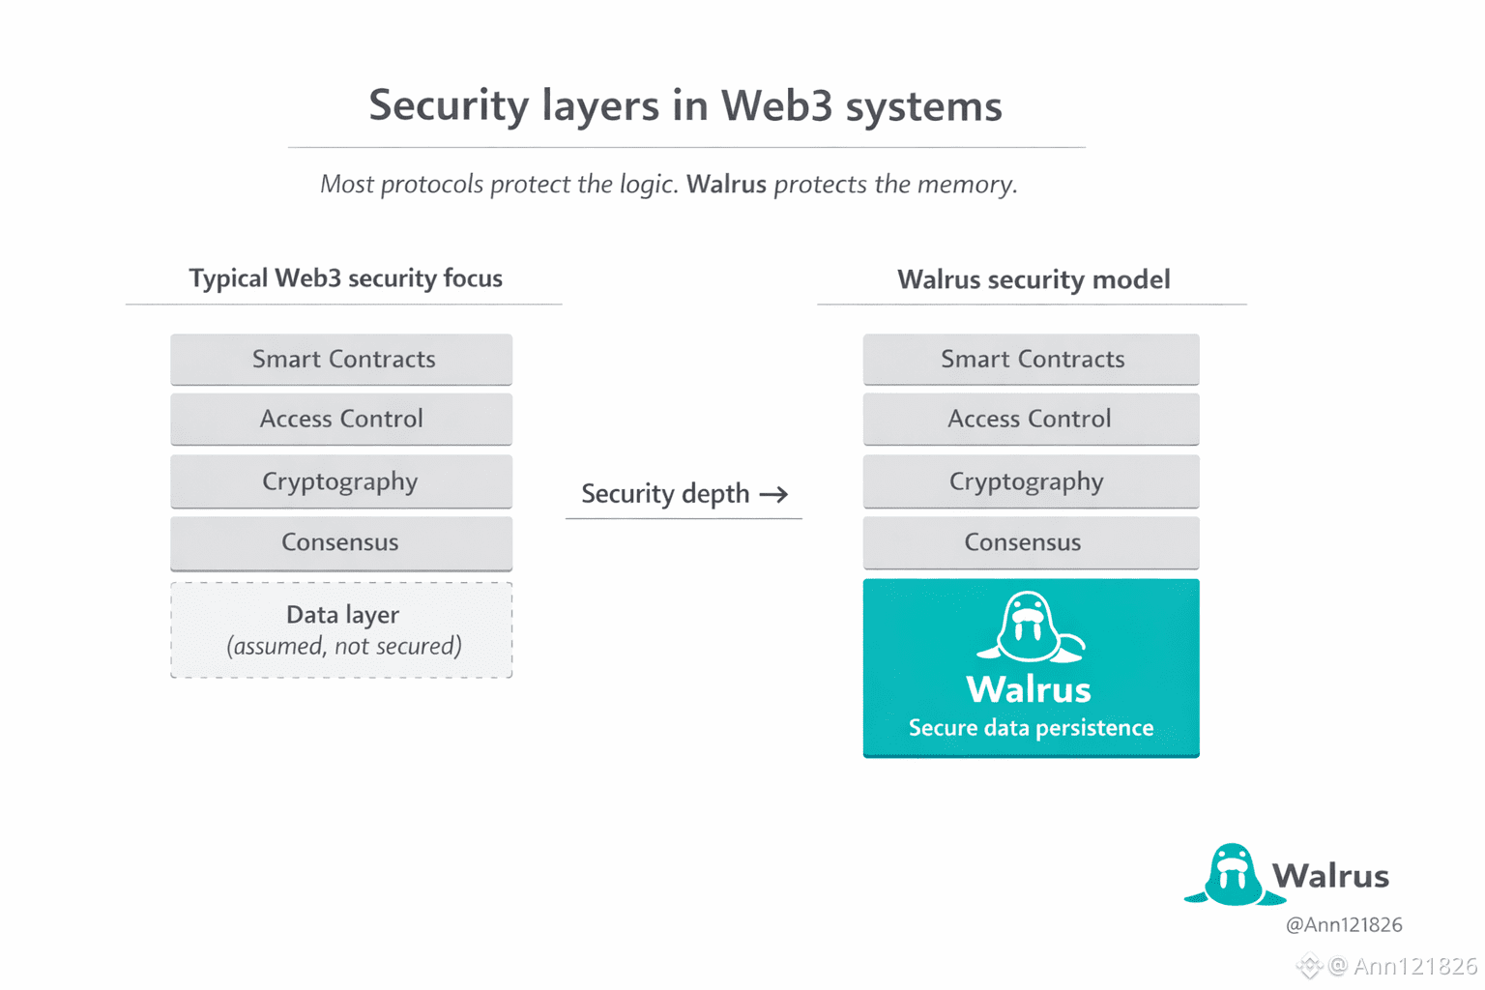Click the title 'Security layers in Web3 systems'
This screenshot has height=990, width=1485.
[684, 105]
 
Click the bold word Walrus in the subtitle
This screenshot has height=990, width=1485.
[726, 184]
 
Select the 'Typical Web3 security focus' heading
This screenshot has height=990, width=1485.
[345, 278]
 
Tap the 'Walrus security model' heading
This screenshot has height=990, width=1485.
[1033, 279]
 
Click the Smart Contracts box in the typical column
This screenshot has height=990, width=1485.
[341, 360]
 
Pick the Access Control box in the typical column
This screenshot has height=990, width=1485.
[341, 419]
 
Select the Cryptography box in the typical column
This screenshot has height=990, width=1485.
[341, 481]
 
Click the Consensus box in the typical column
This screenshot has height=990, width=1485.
[341, 542]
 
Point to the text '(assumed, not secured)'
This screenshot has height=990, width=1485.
[343, 646]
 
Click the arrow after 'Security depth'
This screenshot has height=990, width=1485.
[773, 494]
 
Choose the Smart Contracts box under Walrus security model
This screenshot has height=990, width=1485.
[1031, 360]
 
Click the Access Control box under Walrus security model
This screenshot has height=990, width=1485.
[1031, 419]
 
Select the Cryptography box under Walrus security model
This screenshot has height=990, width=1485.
[1031, 481]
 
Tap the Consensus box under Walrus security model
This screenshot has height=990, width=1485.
[1031, 542]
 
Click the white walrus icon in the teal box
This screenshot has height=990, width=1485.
[1029, 627]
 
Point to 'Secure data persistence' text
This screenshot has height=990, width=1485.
[1031, 728]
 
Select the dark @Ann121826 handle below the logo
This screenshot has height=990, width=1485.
[1343, 925]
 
